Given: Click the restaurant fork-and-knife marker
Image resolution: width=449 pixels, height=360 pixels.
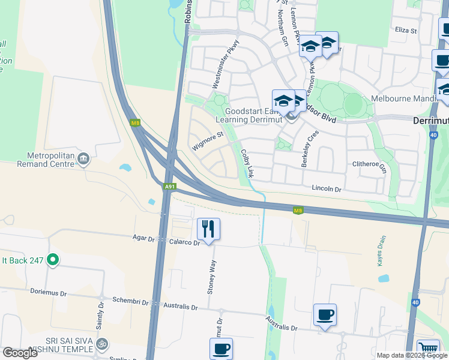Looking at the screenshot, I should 208,229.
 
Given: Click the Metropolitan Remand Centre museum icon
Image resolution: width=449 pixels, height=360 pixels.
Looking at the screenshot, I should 83,159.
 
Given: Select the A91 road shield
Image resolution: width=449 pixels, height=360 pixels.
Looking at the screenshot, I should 170,187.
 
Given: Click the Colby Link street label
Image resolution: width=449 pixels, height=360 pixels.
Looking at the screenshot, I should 247,163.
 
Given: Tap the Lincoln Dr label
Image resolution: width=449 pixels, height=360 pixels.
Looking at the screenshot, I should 326,189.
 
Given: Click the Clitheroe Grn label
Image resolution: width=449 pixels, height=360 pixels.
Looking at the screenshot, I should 369,164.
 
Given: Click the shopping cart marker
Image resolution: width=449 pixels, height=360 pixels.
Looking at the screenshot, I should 427,349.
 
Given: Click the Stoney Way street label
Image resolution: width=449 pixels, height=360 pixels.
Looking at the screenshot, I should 211,278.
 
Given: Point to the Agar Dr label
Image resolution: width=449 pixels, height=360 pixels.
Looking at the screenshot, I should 143,238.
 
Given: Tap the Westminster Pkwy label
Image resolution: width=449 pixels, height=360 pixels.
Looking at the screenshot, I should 226,64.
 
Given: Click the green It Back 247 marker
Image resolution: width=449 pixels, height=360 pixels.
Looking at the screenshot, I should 53,260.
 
